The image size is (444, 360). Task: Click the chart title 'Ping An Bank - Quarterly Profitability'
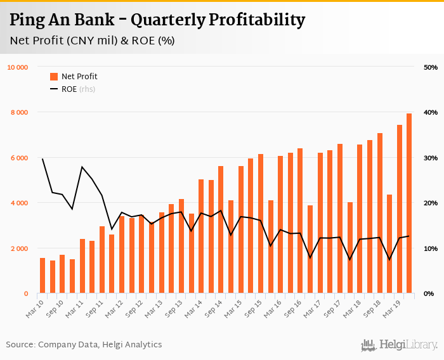(157, 20)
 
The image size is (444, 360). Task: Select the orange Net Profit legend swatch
(54, 77)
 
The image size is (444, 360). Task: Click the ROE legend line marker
(54, 89)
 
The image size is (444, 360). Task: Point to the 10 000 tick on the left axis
(17, 67)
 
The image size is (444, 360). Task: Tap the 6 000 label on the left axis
(18, 158)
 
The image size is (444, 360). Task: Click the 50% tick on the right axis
(430, 67)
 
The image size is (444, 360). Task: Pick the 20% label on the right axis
(430, 203)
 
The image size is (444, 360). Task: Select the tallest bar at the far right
(409, 203)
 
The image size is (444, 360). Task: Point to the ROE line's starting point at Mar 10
(42, 159)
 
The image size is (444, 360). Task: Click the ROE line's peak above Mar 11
(82, 167)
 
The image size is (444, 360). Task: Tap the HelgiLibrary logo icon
(367, 345)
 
